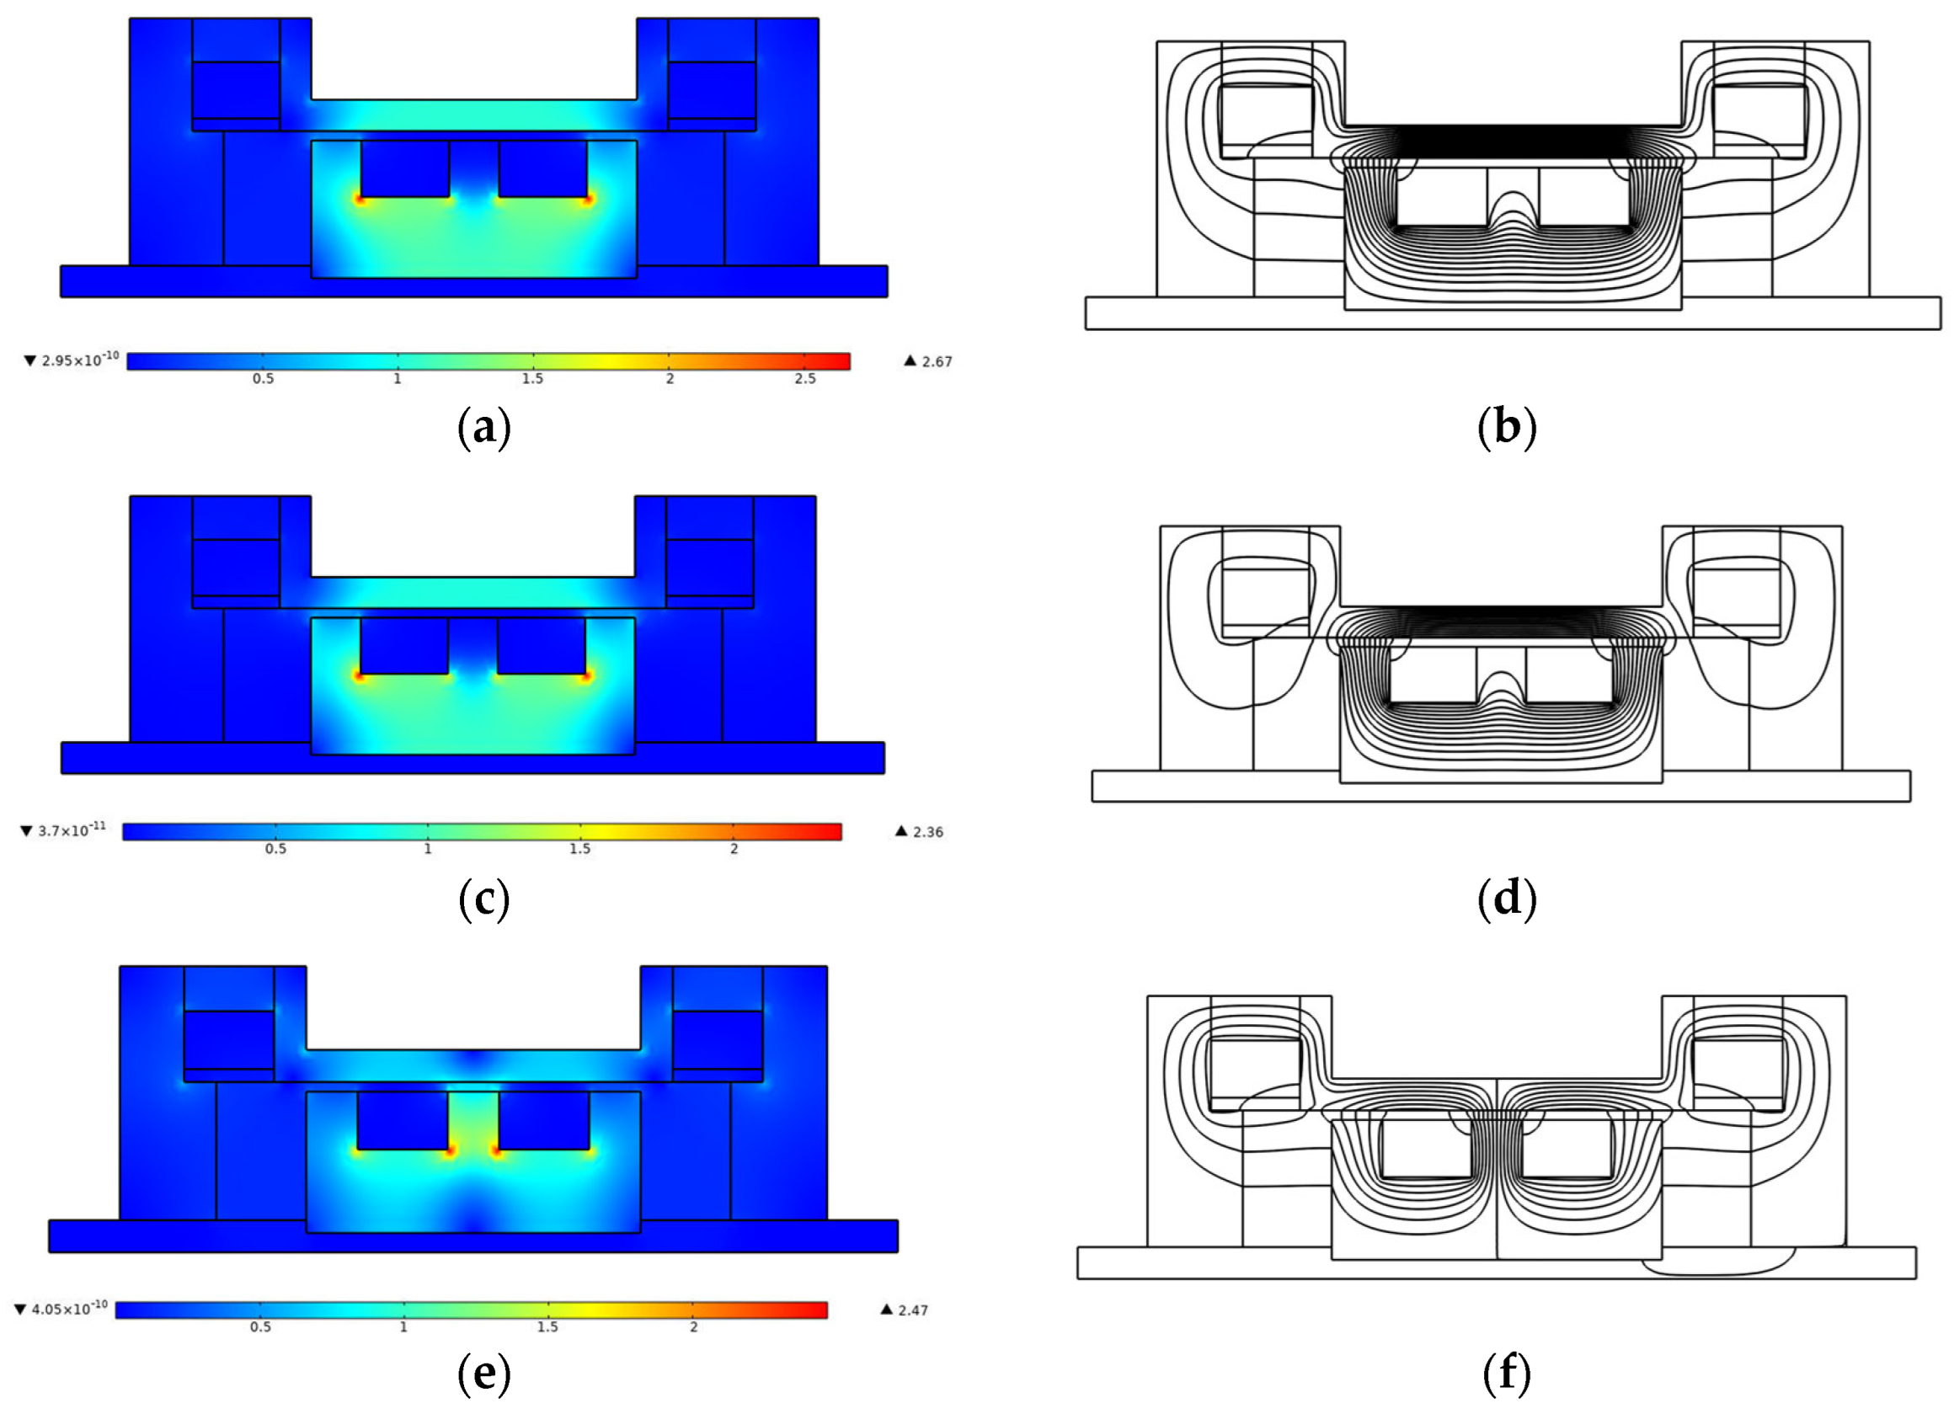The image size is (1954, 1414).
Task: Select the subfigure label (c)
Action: (483, 900)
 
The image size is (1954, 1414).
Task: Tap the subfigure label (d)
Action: (1506, 900)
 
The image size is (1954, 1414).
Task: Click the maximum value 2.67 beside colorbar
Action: (937, 362)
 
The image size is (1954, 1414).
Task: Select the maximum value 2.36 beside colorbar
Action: (928, 832)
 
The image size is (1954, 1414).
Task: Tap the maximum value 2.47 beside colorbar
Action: (913, 1310)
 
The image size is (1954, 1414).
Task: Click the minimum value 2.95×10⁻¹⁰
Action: (80, 360)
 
